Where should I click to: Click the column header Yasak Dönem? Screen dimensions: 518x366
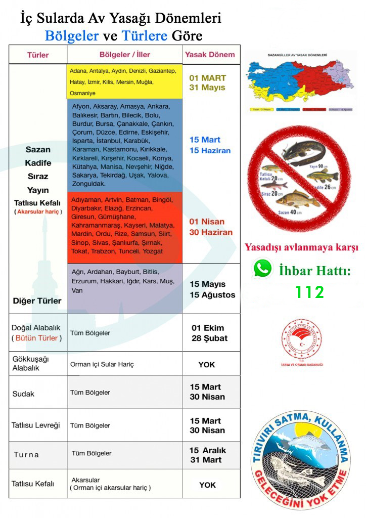(210, 55)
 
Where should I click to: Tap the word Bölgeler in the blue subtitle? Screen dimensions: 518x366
(72, 35)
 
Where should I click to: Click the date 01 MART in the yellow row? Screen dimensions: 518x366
(207, 78)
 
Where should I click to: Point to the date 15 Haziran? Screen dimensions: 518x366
(210, 151)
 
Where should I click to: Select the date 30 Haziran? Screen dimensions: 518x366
(211, 233)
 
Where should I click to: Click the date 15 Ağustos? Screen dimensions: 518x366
(212, 295)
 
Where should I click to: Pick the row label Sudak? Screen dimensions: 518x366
(23, 394)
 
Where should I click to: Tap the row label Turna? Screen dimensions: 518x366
(26, 454)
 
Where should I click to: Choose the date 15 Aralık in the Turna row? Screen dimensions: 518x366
(208, 450)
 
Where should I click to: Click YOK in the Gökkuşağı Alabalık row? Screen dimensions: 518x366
(207, 364)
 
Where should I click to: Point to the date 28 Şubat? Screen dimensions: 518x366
(209, 338)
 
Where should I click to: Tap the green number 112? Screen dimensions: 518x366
(310, 292)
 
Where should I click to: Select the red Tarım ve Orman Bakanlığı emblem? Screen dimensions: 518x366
(302, 339)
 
